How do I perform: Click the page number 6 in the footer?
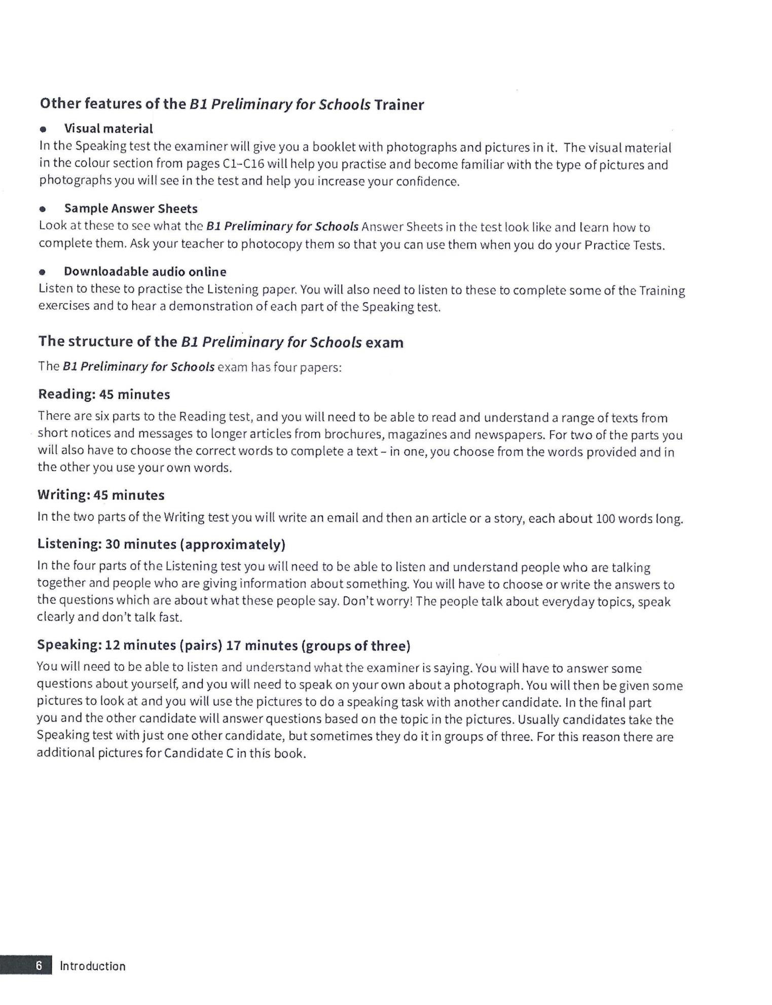(x=39, y=966)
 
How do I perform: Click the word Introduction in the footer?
(x=93, y=966)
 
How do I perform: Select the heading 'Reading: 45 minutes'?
(x=104, y=394)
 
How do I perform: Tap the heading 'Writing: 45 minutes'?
(x=101, y=495)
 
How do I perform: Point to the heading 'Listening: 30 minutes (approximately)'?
(x=161, y=545)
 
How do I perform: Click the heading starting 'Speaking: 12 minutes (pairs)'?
(x=224, y=645)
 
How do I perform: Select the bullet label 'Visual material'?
(x=108, y=129)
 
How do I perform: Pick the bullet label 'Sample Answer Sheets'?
(x=131, y=209)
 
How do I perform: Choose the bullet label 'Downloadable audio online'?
(x=145, y=272)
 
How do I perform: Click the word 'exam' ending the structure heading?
(x=384, y=343)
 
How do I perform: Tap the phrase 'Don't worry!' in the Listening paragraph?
(x=377, y=602)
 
